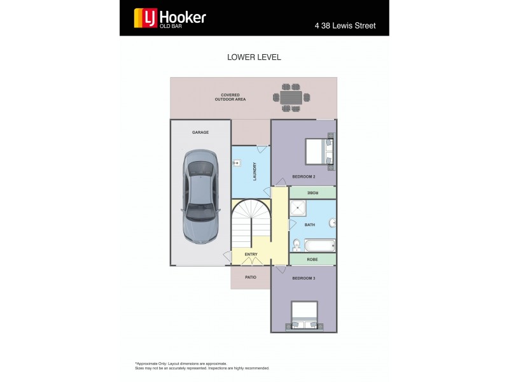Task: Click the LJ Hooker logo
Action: coord(170,18)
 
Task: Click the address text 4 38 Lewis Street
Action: coord(345,26)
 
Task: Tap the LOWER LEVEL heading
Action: coord(254,57)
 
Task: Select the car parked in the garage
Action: coord(200,195)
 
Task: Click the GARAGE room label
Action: coord(200,132)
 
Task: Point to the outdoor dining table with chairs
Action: coord(291,97)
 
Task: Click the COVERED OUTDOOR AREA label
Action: coord(230,97)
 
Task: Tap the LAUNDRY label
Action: coord(254,171)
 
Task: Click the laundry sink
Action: coord(237,162)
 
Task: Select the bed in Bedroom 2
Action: coord(319,152)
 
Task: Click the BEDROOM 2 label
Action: coord(303,176)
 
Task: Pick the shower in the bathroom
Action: coord(298,208)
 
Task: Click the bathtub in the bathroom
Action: coord(320,246)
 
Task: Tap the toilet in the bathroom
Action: coord(296,245)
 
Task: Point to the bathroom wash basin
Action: coord(332,222)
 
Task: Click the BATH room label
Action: coord(310,225)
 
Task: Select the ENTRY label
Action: coord(251,255)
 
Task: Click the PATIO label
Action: coord(251,278)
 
